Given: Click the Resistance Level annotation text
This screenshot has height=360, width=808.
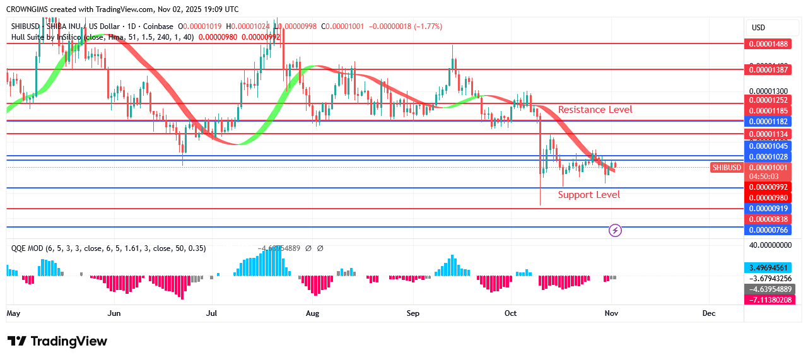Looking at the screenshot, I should point(595,110).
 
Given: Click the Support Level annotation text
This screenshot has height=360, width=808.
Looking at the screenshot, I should point(588,195).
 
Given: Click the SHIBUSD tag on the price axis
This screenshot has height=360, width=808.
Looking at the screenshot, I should point(726,167).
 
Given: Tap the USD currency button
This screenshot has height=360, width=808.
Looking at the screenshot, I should point(758,27).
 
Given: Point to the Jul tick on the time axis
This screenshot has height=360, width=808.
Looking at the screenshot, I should point(212,313).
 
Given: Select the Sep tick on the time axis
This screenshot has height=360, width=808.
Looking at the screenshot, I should point(413,313).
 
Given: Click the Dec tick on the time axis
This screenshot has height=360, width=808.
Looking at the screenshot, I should point(708,313).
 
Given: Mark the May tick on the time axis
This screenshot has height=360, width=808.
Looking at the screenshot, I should point(13,313).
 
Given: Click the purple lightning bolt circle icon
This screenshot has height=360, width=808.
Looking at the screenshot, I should point(615,230).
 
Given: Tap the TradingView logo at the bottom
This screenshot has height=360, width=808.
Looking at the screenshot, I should point(57,341).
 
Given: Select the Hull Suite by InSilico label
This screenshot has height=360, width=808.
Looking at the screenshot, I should point(47,37).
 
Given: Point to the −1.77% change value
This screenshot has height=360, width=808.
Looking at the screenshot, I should point(429,26).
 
